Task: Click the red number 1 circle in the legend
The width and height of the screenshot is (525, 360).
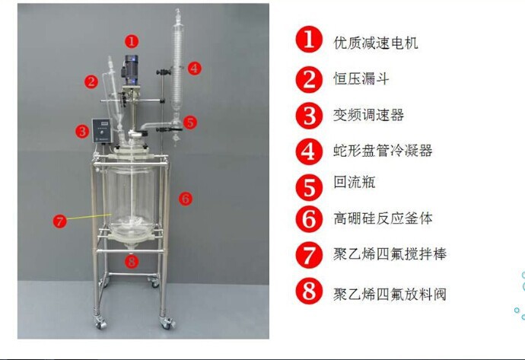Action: pyautogui.click(x=309, y=42)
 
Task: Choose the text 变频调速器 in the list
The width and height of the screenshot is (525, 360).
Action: pyautogui.click(x=369, y=115)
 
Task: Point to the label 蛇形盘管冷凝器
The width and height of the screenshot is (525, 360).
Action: pyautogui.click(x=383, y=151)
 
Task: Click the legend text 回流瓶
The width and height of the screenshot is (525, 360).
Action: pyautogui.click(x=355, y=183)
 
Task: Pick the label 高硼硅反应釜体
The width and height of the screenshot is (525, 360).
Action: pyautogui.click(x=383, y=218)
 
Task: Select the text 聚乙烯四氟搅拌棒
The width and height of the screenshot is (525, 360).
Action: pyautogui.click(x=390, y=254)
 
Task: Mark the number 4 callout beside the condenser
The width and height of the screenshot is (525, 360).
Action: pyautogui.click(x=194, y=68)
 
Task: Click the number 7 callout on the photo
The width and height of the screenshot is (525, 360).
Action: pyautogui.click(x=60, y=221)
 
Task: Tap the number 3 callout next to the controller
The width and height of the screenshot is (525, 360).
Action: pyautogui.click(x=81, y=131)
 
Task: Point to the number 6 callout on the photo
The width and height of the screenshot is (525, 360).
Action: pyautogui.click(x=184, y=199)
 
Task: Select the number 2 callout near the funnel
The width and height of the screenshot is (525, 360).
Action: pyautogui.click(x=91, y=80)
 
